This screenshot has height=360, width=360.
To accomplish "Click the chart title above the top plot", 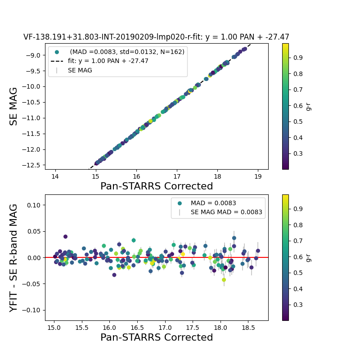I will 156,37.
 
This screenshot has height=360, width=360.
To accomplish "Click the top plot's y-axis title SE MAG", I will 14,106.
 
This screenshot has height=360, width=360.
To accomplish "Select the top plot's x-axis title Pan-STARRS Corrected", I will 156,186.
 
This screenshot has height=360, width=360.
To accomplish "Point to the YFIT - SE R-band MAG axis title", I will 14,257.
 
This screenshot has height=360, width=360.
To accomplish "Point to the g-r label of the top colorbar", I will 309,106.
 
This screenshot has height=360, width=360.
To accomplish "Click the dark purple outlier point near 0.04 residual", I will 65,236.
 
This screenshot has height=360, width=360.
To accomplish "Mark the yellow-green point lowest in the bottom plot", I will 224,279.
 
